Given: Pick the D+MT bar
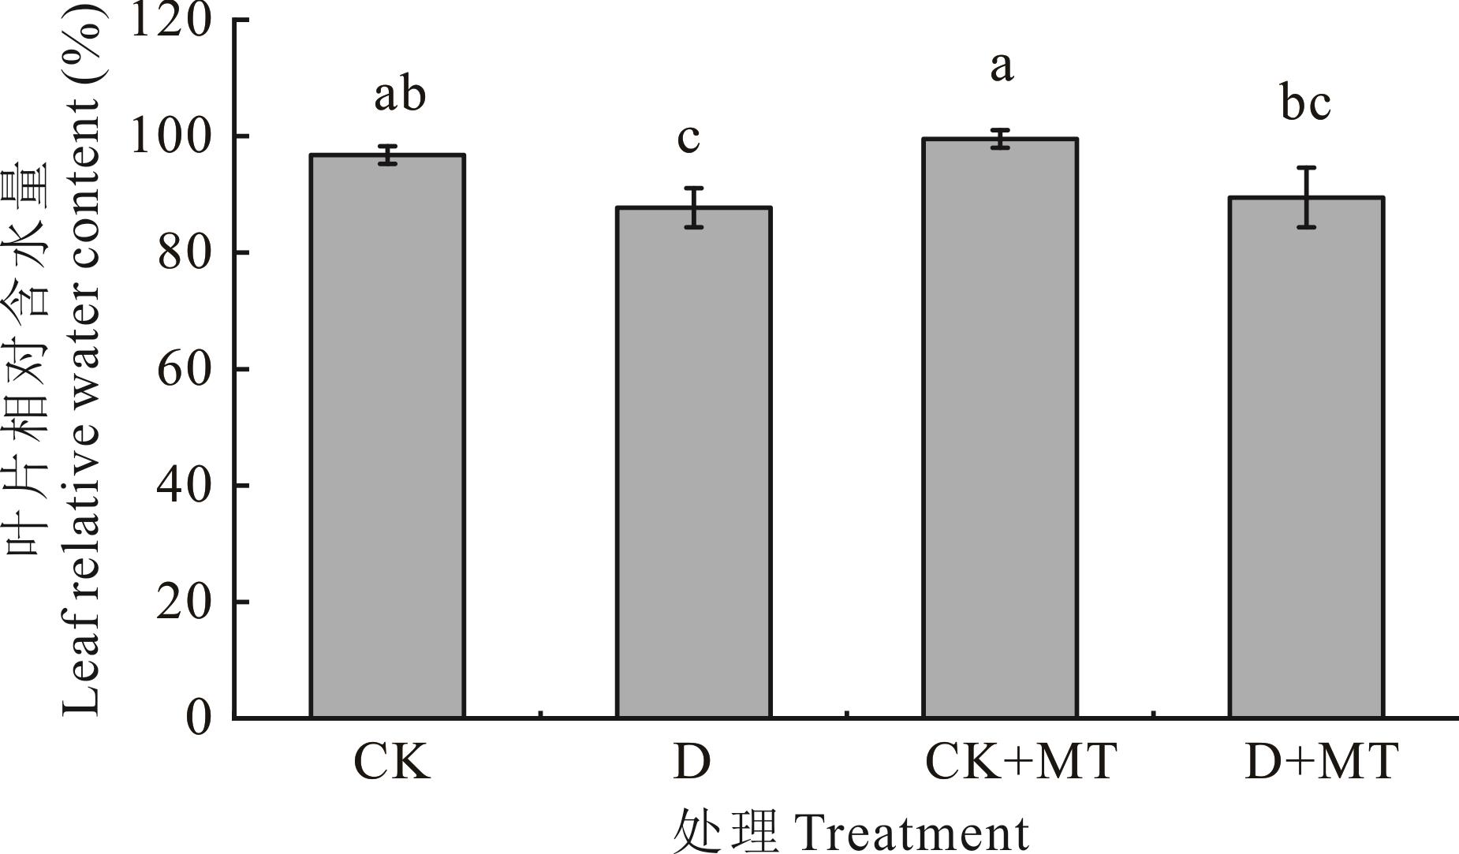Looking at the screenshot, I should (x=1306, y=457).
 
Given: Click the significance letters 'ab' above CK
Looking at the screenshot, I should (x=400, y=95).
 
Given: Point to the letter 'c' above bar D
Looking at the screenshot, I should (x=688, y=139).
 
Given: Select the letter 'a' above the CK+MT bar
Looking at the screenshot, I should (x=1001, y=67).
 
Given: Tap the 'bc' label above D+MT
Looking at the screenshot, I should (x=1306, y=103).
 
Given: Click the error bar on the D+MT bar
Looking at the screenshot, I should (x=1306, y=197).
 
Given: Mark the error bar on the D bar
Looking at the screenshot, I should (x=693, y=207).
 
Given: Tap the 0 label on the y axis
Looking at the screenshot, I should (x=199, y=718).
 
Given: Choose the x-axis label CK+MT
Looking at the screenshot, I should (x=1021, y=762).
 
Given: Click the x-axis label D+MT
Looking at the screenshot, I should (x=1321, y=762).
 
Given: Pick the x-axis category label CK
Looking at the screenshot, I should (x=392, y=762).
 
